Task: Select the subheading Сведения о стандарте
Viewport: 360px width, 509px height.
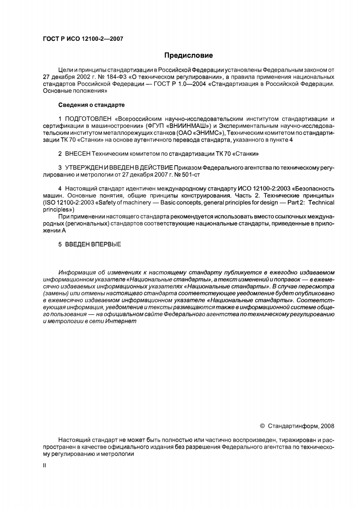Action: [x=92, y=105]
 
